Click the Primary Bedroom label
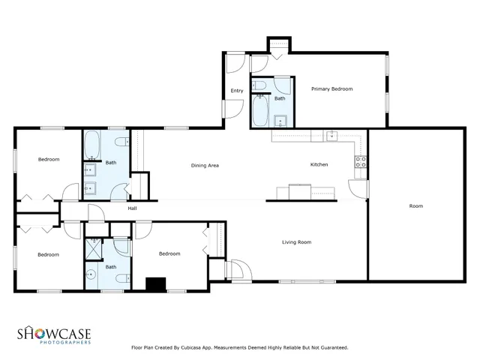[x=331, y=89]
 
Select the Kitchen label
[x=319, y=165]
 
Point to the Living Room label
[x=296, y=242]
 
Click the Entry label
[x=236, y=91]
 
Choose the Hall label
[x=132, y=208]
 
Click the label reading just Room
[x=415, y=206]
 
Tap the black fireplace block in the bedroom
[x=155, y=284]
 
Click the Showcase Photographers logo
[x=55, y=334]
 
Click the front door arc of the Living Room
[x=239, y=268]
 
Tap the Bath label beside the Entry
[x=280, y=98]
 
